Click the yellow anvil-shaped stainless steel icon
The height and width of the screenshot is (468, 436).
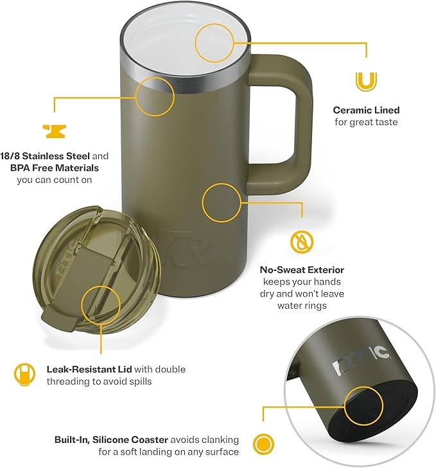point(55,131)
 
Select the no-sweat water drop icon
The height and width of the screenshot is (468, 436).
point(301,242)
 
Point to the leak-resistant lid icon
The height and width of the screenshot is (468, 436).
point(23,374)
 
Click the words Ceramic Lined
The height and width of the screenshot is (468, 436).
point(366,110)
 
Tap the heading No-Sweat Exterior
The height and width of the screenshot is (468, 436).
point(302,270)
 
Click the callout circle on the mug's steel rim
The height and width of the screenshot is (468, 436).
point(155,96)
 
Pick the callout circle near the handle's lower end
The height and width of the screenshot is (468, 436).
point(222,203)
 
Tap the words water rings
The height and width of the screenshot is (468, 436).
point(302,306)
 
